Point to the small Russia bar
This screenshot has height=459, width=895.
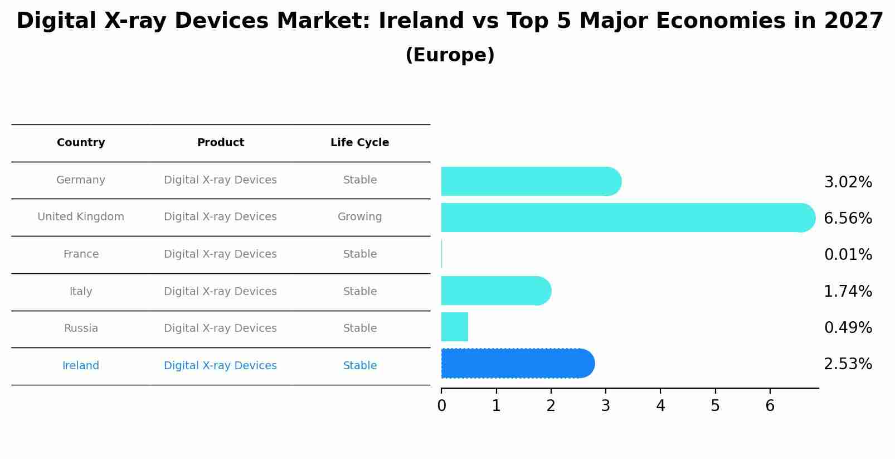click(x=455, y=327)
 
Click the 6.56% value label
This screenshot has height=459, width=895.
click(x=848, y=218)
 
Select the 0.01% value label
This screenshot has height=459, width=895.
click(x=848, y=255)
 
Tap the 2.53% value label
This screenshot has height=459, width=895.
click(x=848, y=364)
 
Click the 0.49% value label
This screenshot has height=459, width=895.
click(x=848, y=328)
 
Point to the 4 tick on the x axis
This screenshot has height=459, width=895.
click(x=660, y=405)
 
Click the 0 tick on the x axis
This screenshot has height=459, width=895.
click(x=441, y=405)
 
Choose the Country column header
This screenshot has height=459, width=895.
click(x=81, y=143)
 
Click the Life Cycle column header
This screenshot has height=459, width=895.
click(x=359, y=143)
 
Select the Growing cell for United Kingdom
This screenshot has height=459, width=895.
click(x=359, y=217)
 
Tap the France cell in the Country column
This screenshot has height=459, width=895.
click(x=81, y=254)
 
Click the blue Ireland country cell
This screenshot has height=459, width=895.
click(x=81, y=366)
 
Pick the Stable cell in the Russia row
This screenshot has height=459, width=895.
click(x=359, y=328)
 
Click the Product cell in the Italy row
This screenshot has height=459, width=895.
click(x=220, y=292)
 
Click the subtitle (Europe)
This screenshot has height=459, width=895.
click(x=450, y=55)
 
